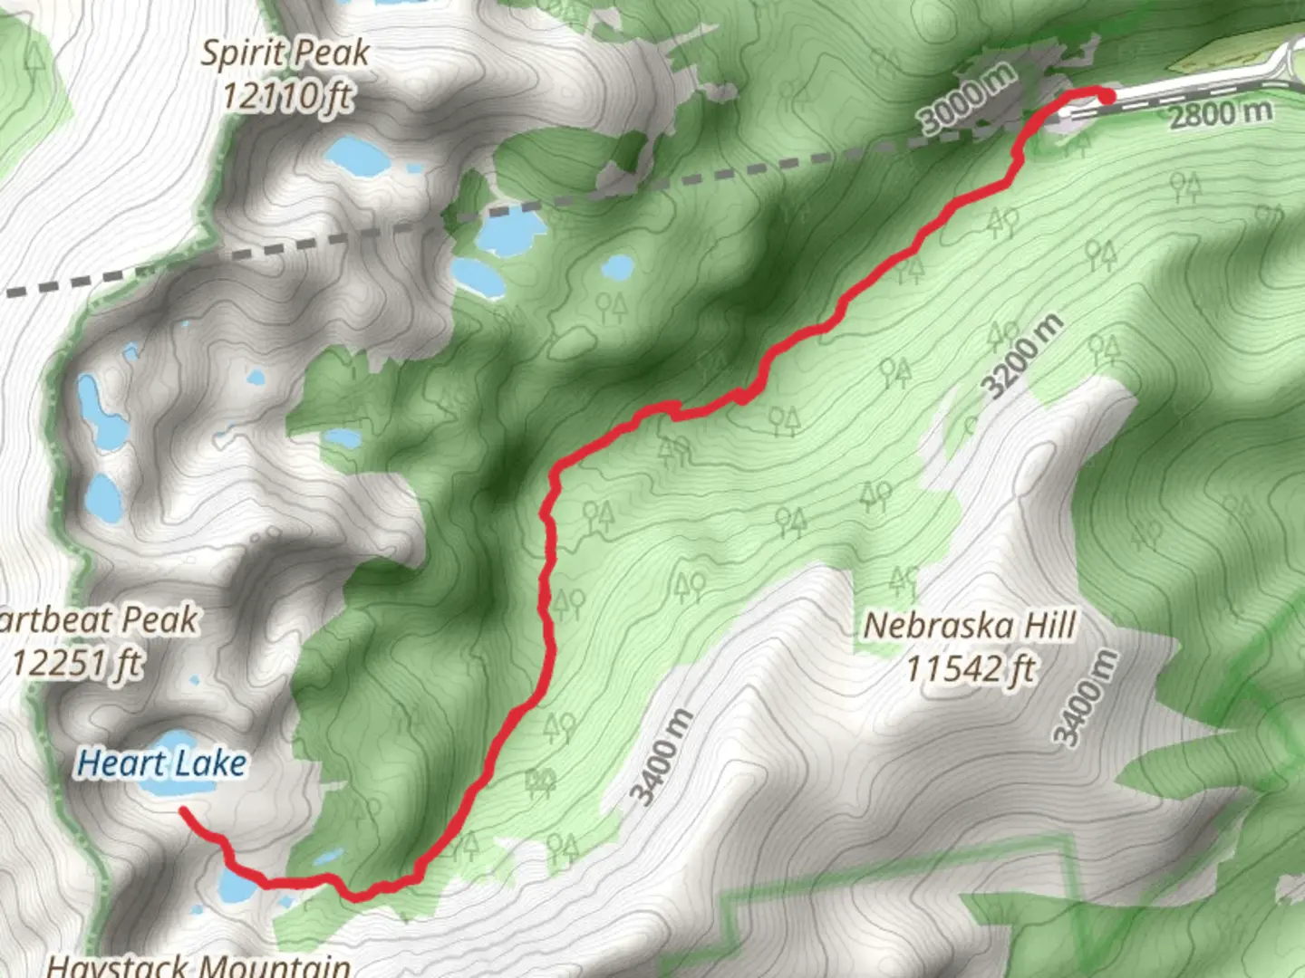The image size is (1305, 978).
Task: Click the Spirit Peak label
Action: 285,53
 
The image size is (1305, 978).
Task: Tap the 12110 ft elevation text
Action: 287,94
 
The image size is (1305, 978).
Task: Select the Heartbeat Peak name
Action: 98,621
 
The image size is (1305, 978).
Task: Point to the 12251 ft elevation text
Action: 77,664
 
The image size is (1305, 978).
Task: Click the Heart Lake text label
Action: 161,763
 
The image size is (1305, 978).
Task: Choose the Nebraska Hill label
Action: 969,626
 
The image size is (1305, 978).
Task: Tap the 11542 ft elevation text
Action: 971,669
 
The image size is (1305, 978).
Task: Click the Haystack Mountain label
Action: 198,965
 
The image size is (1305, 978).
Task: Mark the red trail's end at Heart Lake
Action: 183,809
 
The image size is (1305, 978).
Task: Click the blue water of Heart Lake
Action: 178,786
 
